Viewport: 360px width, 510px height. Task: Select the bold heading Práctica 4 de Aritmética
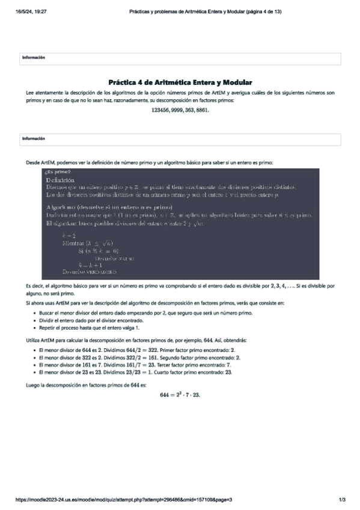(x=180, y=82)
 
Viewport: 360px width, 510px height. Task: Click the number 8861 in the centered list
(x=201, y=111)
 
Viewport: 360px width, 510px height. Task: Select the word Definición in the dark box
(x=60, y=180)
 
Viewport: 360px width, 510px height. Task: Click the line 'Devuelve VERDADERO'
(x=85, y=272)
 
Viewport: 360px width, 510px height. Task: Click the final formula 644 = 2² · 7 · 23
(x=180, y=395)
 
